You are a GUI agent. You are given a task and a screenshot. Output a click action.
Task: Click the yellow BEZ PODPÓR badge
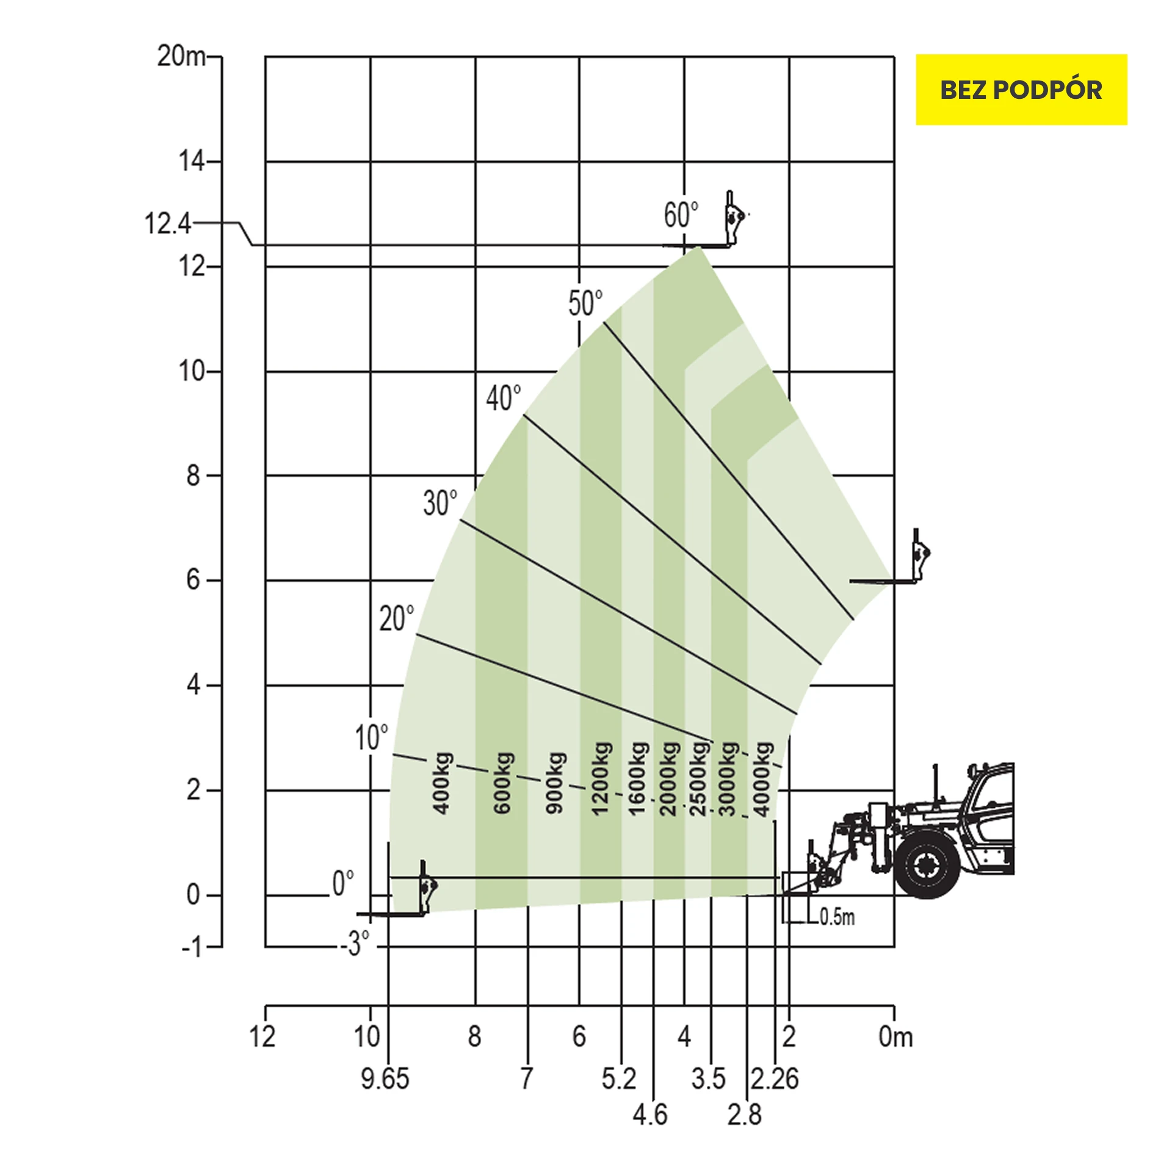1021,90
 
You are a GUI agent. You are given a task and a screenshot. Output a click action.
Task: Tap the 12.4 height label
168,223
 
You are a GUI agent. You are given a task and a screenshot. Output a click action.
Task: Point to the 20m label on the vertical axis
181,56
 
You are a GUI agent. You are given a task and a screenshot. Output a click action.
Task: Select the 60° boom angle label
681,215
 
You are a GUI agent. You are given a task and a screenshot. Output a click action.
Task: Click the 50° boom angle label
585,303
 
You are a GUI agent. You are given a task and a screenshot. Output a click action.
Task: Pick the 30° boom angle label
440,503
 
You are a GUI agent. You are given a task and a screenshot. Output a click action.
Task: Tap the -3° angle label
355,943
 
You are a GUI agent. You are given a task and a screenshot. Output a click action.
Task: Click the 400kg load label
442,784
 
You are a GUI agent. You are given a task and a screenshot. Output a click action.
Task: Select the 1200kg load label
601,778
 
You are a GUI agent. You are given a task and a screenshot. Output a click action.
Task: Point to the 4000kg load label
763,779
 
